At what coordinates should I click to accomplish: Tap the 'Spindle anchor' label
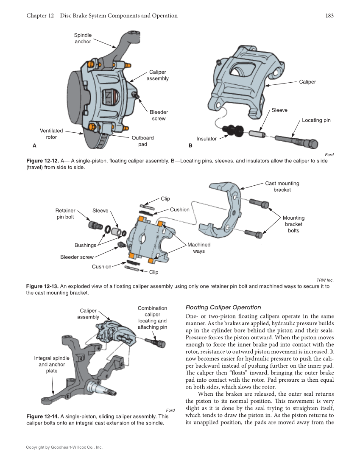[x=83, y=39]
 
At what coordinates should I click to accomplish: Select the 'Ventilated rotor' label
[x=51, y=134]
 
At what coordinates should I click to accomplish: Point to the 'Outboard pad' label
[x=142, y=141]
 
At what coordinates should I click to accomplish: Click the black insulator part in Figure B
[x=234, y=129]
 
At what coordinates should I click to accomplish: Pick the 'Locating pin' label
[x=316, y=120]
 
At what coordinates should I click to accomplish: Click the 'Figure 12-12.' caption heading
[x=42, y=161]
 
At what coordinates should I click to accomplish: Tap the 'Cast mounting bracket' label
[x=282, y=187]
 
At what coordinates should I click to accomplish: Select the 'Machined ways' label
[x=198, y=248]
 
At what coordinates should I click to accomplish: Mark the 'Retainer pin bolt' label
[x=65, y=214]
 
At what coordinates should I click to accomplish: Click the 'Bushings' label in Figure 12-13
[x=85, y=245]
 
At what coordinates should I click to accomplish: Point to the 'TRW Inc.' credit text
[x=325, y=280]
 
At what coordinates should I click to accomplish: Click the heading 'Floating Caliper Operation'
[x=223, y=307]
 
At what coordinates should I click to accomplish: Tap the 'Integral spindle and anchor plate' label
[x=52, y=364]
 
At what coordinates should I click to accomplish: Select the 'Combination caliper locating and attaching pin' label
[x=152, y=318]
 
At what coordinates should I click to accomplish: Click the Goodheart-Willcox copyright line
[x=64, y=447]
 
